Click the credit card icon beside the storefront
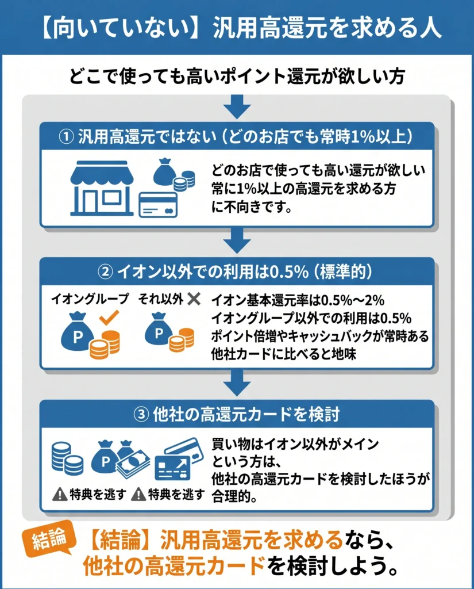pos(158,205)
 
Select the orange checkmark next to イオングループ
pos(109,318)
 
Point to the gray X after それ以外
pos(194,299)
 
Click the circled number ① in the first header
pos(67,137)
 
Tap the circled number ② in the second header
pos(106,272)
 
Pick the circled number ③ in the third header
pos(141,415)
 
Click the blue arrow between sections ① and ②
pos(237,240)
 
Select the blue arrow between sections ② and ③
pos(237,383)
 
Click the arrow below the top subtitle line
pos(237,106)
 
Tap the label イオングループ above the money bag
pos(90,299)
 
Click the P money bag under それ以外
pos(159,329)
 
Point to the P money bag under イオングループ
pos(78,332)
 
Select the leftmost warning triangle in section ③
pos(60,494)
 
